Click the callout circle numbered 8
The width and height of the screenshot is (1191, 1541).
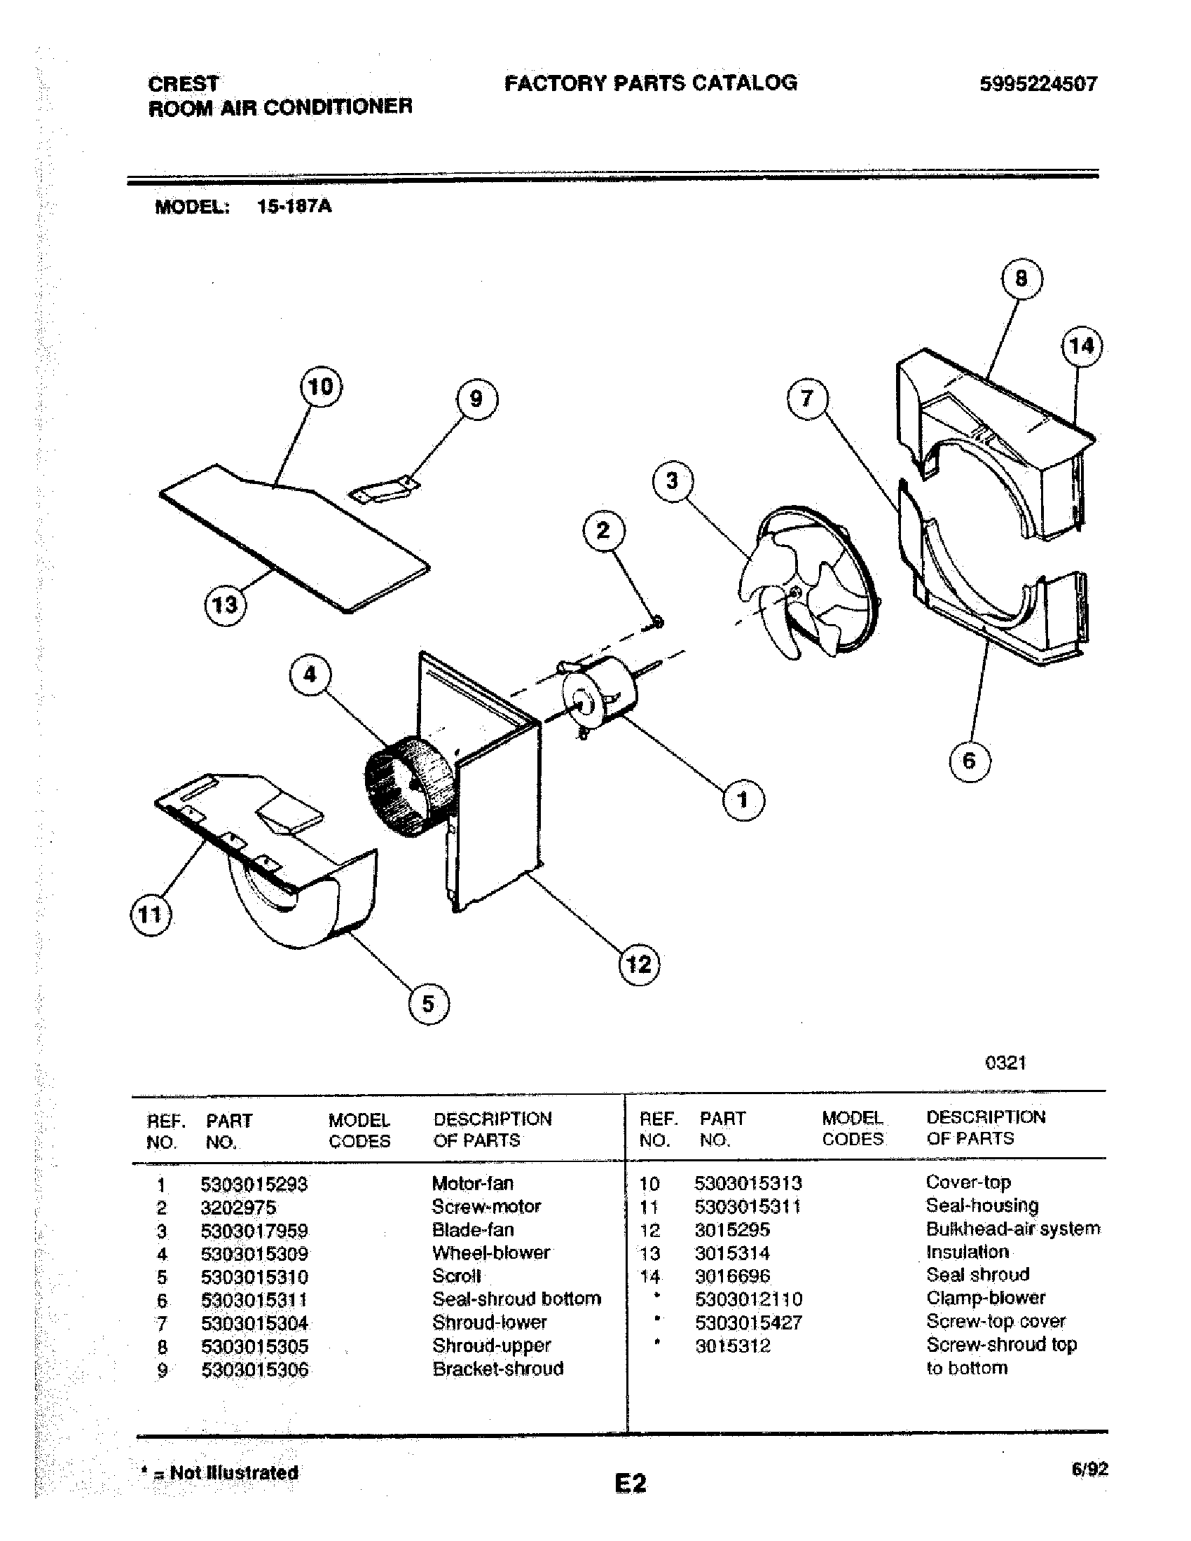(1021, 279)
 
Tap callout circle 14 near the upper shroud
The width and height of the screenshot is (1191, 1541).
(1082, 346)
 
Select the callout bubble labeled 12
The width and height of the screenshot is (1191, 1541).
(639, 964)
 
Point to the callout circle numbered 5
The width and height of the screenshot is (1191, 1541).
(429, 1003)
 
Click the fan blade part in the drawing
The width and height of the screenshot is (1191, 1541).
(804, 584)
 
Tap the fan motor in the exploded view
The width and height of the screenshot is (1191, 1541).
(600, 695)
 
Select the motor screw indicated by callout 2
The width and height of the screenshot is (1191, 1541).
(658, 621)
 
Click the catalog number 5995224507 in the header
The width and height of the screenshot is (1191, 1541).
(1038, 85)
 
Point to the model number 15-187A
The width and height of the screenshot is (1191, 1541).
(294, 207)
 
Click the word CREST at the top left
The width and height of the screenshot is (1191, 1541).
(184, 84)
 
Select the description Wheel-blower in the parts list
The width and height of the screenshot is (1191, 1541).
(491, 1253)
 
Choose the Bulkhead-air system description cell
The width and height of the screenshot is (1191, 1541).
(1012, 1229)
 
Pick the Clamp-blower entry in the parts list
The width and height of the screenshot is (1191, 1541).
(986, 1298)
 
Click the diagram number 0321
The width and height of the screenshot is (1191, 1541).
(1005, 1063)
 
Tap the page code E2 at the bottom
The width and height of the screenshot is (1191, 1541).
(630, 1483)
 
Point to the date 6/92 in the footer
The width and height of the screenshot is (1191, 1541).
(1089, 1470)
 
